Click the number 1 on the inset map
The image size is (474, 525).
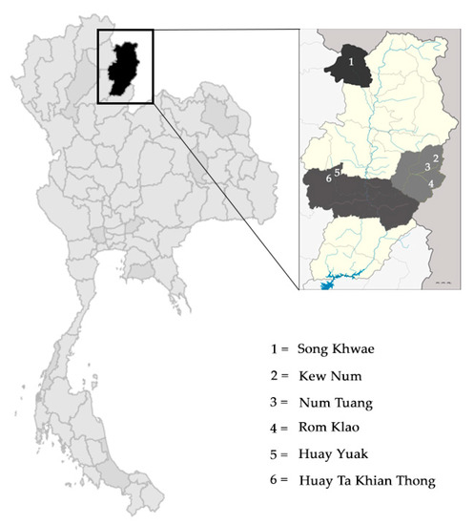(352, 60)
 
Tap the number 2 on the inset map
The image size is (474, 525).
(436, 157)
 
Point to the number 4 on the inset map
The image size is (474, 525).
(432, 182)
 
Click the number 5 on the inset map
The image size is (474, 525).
(339, 171)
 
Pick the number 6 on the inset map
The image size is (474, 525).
(328, 178)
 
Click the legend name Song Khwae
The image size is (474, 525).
(331, 350)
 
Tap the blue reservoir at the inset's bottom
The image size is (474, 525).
(328, 283)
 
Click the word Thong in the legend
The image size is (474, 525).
(416, 480)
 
